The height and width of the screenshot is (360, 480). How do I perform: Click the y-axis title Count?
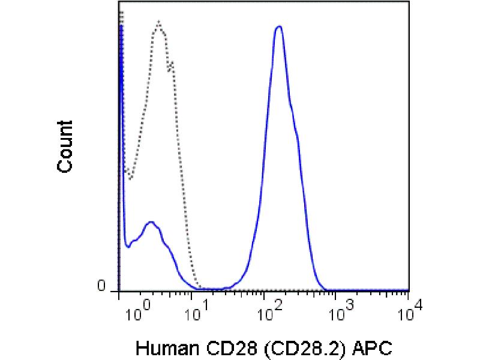[x=65, y=146]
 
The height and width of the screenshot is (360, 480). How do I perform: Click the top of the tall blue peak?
[x=278, y=26]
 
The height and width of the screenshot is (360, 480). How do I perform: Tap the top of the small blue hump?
[x=151, y=222]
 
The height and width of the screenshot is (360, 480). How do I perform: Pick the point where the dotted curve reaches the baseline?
[x=202, y=289]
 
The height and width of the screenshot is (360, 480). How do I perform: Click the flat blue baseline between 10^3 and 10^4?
[x=372, y=290]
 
